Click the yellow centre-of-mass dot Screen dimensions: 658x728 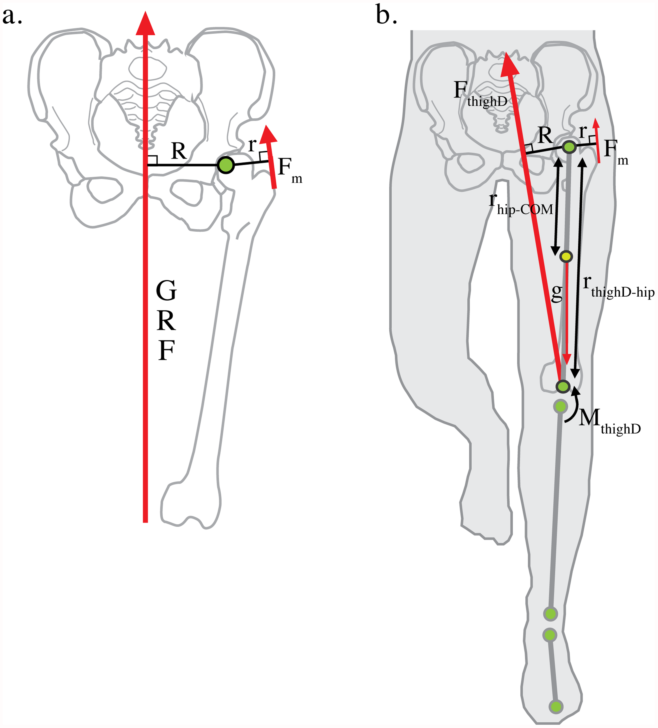coord(566,256)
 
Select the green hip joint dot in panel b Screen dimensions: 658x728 coord(569,147)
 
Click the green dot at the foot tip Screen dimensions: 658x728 coord(556,706)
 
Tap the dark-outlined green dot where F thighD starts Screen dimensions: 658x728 coord(563,386)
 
